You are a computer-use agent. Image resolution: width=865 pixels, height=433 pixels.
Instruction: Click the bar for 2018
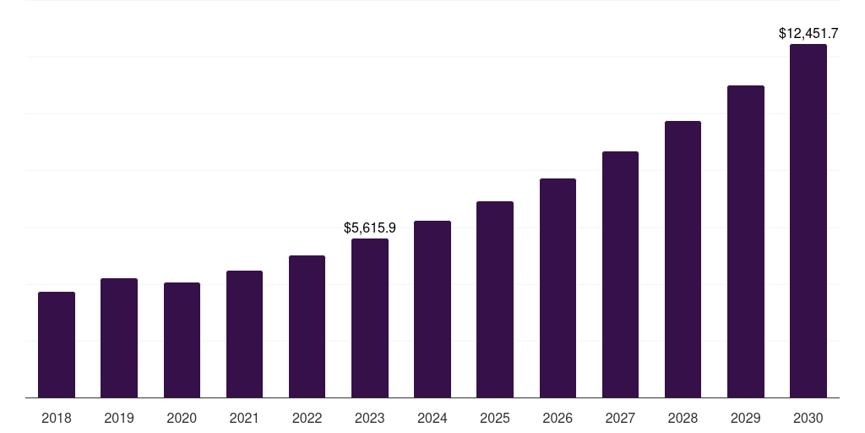pos(57,345)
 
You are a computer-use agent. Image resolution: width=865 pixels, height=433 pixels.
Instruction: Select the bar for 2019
pos(119,338)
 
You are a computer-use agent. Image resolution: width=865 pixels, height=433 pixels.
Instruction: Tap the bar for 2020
pos(182,340)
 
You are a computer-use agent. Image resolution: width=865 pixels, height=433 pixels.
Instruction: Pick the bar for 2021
pos(244,334)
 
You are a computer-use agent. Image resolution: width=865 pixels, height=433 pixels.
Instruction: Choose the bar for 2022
pos(307,326)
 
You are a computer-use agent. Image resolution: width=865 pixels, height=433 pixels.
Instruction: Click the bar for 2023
pos(370,318)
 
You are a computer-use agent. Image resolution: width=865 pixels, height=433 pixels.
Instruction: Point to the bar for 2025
pos(495,299)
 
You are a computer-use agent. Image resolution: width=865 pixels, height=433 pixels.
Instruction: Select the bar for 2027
pos(620,275)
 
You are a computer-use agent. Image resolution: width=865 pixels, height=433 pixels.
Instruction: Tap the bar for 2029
pos(745,242)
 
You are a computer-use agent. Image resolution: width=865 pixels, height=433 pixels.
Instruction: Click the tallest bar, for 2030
pos(808,221)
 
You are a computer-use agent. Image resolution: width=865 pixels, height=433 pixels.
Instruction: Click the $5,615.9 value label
pos(370,227)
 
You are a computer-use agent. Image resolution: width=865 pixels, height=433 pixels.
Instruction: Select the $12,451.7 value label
pos(808,34)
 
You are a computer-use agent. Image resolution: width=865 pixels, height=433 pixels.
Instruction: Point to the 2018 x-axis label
pos(57,418)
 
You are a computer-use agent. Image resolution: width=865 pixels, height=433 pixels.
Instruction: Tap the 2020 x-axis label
pos(182,418)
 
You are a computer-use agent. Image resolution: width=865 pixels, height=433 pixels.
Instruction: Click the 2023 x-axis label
pos(370,418)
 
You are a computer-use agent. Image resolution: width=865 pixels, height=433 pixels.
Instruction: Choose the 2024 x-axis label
pos(432,418)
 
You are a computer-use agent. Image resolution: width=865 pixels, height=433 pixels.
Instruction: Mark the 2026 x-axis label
pos(558,418)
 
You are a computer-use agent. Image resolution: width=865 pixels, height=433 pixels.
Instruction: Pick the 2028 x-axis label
pos(683,418)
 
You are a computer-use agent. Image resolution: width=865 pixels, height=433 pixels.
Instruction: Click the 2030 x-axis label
pos(808,418)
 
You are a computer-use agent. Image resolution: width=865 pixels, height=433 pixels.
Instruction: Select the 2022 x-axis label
pos(307,418)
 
